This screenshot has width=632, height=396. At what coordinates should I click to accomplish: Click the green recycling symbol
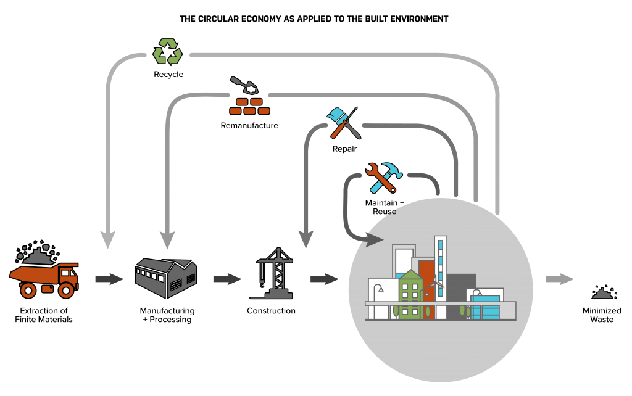pyautogui.click(x=167, y=51)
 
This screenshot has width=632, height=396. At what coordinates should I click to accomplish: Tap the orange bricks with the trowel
pyautogui.click(x=249, y=105)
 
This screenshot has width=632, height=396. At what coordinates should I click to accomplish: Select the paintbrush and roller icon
pyautogui.click(x=343, y=123)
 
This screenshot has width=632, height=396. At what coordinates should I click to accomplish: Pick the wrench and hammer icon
pyautogui.click(x=383, y=178)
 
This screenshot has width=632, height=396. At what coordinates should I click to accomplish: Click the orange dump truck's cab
pyautogui.click(x=67, y=273)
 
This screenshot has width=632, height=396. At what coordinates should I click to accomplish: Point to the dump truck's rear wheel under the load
pyautogui.click(x=28, y=289)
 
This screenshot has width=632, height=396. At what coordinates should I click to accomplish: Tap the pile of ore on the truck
pyautogui.click(x=38, y=254)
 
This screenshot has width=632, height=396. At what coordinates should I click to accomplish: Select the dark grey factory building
pyautogui.click(x=165, y=277)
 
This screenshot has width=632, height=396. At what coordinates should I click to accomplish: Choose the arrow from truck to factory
pyautogui.click(x=109, y=279)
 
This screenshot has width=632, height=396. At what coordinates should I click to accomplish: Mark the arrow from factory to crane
pyautogui.click(x=227, y=279)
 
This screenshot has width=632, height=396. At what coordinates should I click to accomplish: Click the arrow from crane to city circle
pyautogui.click(x=325, y=279)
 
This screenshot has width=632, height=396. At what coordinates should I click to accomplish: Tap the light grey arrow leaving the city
pyautogui.click(x=560, y=279)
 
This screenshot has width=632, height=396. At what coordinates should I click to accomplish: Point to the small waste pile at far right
pyautogui.click(x=604, y=292)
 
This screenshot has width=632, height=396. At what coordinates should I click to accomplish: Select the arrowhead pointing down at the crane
pyautogui.click(x=306, y=239)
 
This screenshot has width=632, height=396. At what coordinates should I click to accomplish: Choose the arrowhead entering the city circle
pyautogui.click(x=373, y=239)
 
